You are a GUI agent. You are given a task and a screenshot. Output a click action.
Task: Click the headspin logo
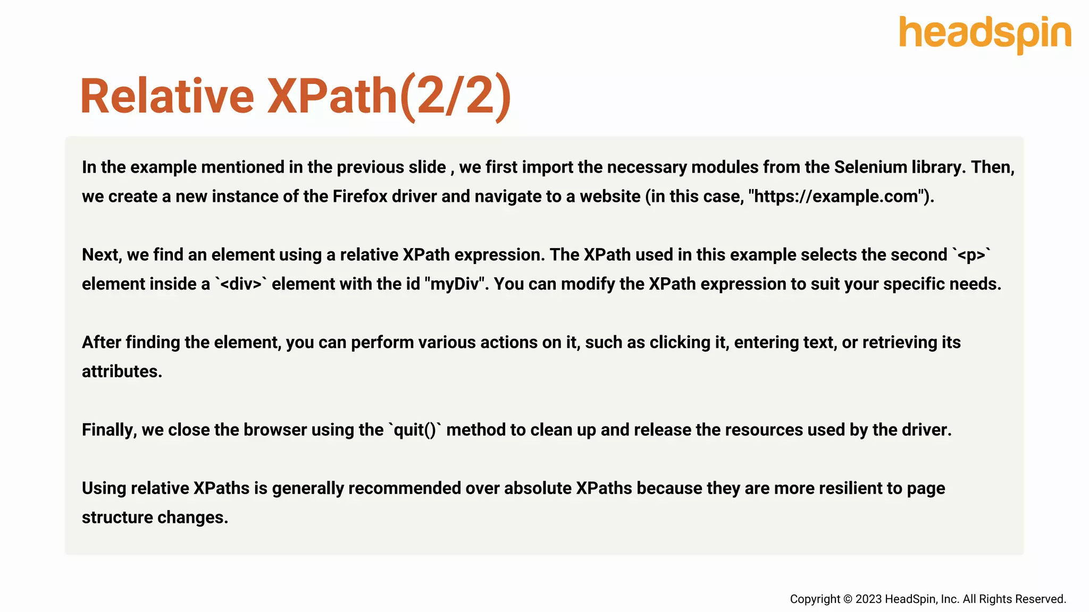(985, 34)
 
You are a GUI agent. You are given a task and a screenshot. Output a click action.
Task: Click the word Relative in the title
(167, 96)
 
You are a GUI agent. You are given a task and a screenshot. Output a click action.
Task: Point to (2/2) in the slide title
(455, 96)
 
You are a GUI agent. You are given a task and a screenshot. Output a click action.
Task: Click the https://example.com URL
(836, 197)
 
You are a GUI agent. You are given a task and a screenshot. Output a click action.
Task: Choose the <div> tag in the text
(241, 284)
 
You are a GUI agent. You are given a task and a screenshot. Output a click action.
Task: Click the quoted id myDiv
(455, 284)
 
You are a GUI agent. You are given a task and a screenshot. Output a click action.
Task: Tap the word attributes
(122, 371)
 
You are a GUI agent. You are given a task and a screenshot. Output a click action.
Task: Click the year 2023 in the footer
(868, 599)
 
